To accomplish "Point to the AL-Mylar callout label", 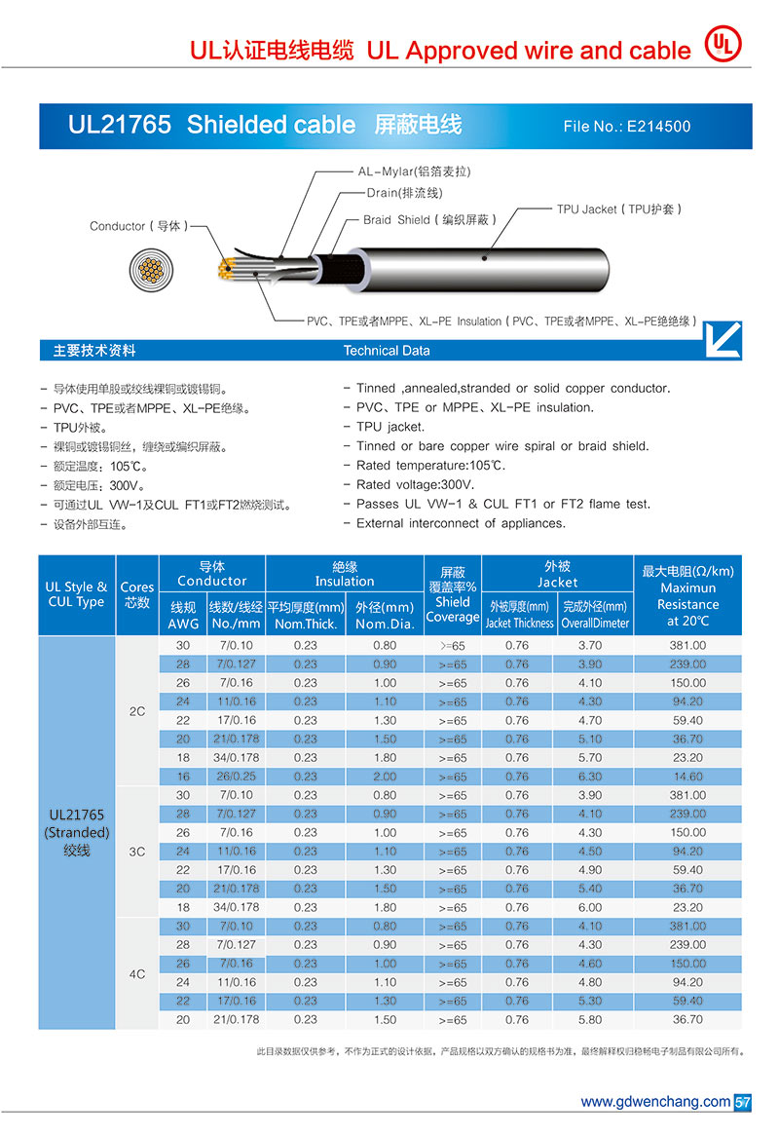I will pyautogui.click(x=414, y=171).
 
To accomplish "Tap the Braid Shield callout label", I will pyautogui.click(x=429, y=220).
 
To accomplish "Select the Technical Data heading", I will pyautogui.click(x=387, y=351).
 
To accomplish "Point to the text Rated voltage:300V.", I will pyautogui.click(x=416, y=484).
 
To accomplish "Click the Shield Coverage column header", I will pyautogui.click(x=453, y=594).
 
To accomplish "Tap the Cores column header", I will pyautogui.click(x=136, y=594).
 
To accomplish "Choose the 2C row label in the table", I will pyautogui.click(x=136, y=711).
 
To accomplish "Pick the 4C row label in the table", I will pyautogui.click(x=136, y=972).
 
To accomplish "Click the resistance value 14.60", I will pyautogui.click(x=687, y=777).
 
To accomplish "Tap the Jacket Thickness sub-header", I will pyautogui.click(x=519, y=623).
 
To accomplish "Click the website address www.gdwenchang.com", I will pyautogui.click(x=654, y=1102).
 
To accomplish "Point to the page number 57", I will pyautogui.click(x=742, y=1102).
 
